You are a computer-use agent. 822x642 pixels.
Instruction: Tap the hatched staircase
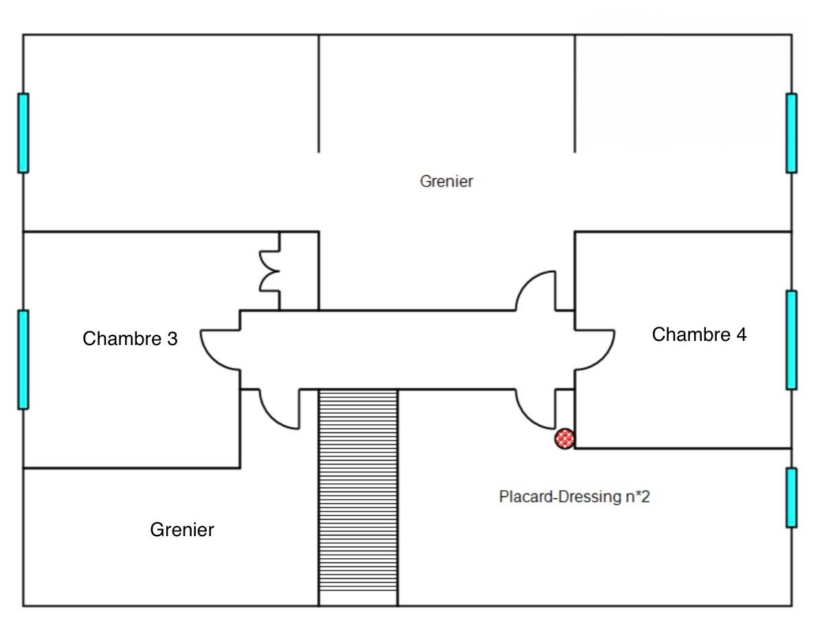(x=358, y=498)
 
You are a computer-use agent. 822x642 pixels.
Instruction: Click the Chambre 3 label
(x=130, y=339)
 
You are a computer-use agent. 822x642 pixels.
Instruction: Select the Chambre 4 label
(x=699, y=334)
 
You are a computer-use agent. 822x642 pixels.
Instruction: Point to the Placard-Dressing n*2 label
(x=574, y=496)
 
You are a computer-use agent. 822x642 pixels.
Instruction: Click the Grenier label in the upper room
(x=446, y=181)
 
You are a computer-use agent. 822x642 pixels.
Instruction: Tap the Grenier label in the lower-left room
(x=182, y=529)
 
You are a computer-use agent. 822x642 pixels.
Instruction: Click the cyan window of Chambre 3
(x=23, y=359)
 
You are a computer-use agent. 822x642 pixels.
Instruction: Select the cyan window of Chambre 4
(x=792, y=340)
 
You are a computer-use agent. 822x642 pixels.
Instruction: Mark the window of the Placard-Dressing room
(x=792, y=498)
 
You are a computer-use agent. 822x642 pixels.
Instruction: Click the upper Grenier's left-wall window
(x=23, y=133)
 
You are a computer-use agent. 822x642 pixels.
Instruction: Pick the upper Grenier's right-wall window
(x=792, y=133)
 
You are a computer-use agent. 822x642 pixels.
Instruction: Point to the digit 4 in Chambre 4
(x=742, y=334)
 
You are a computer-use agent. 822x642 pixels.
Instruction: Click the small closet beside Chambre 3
(x=300, y=271)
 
